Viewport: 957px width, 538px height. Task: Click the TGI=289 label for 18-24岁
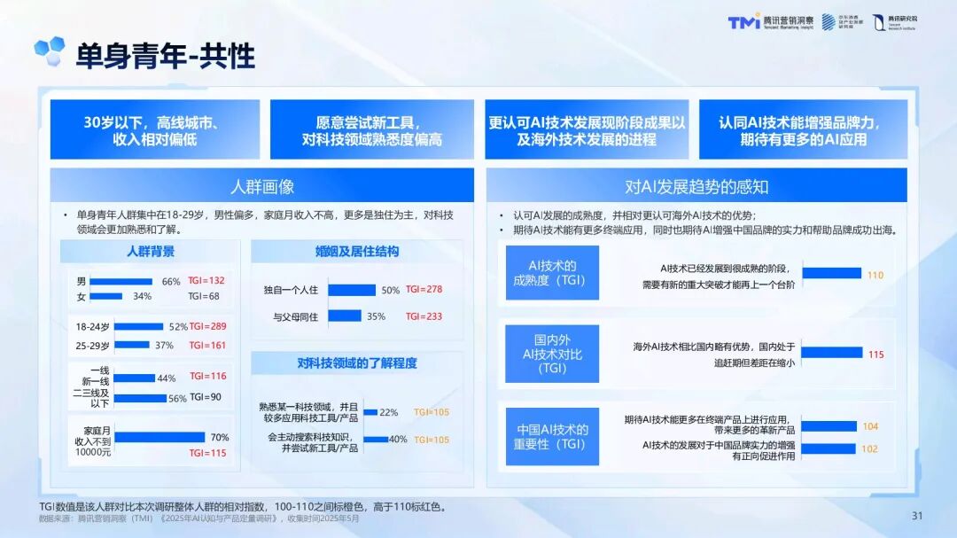(x=207, y=326)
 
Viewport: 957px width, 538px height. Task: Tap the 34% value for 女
(x=142, y=296)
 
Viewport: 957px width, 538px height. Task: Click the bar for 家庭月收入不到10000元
(x=159, y=437)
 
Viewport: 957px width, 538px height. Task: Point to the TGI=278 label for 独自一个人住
(x=424, y=289)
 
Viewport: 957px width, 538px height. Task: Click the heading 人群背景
(x=151, y=252)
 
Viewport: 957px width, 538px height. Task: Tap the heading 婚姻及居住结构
(x=357, y=252)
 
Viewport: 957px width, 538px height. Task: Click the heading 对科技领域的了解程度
(x=357, y=363)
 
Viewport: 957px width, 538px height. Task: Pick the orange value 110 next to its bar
(x=875, y=275)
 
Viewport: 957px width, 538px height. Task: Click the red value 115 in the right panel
(x=875, y=355)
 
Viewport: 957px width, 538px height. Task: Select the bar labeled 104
(x=829, y=426)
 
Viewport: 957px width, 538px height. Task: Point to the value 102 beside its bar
(x=869, y=448)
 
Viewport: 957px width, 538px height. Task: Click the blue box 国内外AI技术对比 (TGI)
(x=552, y=354)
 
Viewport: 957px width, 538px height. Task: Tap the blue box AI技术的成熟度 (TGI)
(x=552, y=273)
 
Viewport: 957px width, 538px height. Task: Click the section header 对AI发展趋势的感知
(x=696, y=186)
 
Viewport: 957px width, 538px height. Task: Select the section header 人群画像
(x=261, y=186)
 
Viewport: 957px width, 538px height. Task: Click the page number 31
(x=917, y=516)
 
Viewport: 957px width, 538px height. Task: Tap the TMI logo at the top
(x=743, y=23)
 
